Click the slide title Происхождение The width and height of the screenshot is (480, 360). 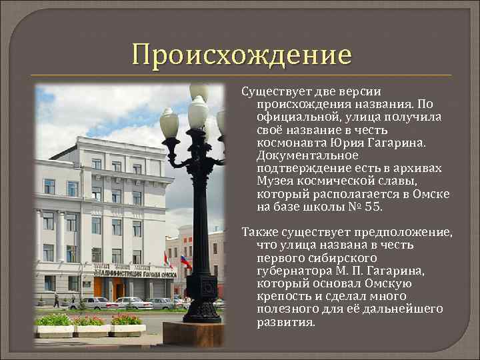click(x=241, y=54)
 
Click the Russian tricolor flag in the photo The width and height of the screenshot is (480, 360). click(x=185, y=261)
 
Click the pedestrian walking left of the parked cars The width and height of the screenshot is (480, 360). click(x=57, y=301)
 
